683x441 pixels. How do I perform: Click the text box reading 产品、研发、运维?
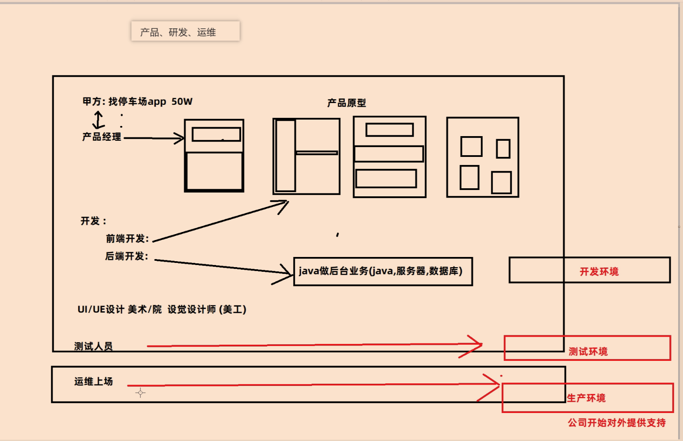point(185,32)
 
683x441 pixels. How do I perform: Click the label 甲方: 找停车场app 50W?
point(137,102)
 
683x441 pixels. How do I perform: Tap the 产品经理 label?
point(102,137)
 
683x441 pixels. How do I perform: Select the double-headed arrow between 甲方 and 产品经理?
point(98,120)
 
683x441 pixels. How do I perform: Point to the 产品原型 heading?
point(346,103)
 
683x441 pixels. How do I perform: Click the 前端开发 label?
point(127,239)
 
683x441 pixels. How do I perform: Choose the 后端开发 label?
point(126,256)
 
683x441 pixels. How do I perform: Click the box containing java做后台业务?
point(383,271)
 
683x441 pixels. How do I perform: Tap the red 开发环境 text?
point(599,272)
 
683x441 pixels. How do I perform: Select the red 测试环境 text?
point(588,352)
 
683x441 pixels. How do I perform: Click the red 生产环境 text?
point(586,398)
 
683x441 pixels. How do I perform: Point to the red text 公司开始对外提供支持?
point(617,423)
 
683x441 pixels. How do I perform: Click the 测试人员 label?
point(93,346)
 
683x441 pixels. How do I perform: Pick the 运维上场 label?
point(93,382)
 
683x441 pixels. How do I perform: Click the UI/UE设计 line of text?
point(162,310)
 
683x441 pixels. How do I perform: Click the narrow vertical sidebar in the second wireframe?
point(286,156)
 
